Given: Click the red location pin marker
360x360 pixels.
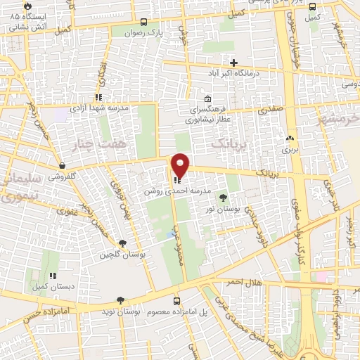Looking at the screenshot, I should click(x=181, y=165).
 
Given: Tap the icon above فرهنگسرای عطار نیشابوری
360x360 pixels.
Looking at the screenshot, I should click(x=207, y=99).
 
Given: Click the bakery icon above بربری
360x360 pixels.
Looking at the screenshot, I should click(x=290, y=139).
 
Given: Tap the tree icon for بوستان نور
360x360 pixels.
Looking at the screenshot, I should click(x=223, y=198).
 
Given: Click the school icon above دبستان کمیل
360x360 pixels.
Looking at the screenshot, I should click(x=51, y=276).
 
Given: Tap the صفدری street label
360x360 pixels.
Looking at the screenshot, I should click(x=269, y=110).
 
